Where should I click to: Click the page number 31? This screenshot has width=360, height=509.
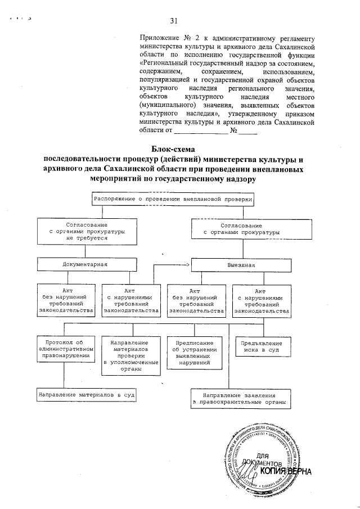tap(174, 21)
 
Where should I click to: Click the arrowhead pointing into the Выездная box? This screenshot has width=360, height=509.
tap(188, 264)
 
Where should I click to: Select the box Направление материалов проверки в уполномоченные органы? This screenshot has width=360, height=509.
tap(130, 355)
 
